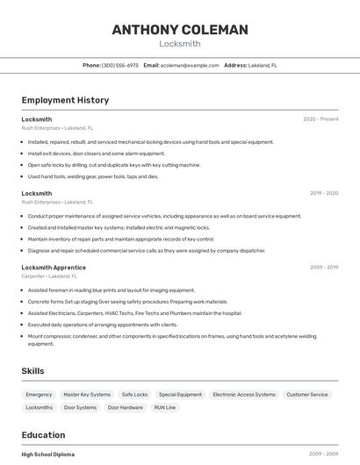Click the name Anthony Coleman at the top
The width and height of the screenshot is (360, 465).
point(180,30)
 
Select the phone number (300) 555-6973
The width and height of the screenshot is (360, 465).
point(120,65)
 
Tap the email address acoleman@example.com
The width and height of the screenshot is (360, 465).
point(191,65)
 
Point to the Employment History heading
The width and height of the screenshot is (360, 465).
point(65,100)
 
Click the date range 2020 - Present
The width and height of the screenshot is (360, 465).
point(320,119)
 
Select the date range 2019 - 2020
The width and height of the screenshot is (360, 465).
point(324,193)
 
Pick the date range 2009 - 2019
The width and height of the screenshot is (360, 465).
point(324,267)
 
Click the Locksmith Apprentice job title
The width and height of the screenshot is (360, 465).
point(54,267)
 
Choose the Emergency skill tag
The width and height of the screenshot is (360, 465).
point(39,395)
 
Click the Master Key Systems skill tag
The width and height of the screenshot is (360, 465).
point(87,395)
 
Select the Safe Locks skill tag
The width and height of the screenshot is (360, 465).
point(134,395)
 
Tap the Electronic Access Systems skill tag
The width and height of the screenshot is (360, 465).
point(244,395)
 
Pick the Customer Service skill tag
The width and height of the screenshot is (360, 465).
point(307,395)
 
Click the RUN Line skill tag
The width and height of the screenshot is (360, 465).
point(165,407)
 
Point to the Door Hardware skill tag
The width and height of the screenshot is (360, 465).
point(126,407)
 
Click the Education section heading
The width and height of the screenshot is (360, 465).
point(43,435)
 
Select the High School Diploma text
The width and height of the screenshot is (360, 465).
point(48,454)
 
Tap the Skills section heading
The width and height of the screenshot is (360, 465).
point(32,371)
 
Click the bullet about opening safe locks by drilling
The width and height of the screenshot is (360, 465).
point(114,164)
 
